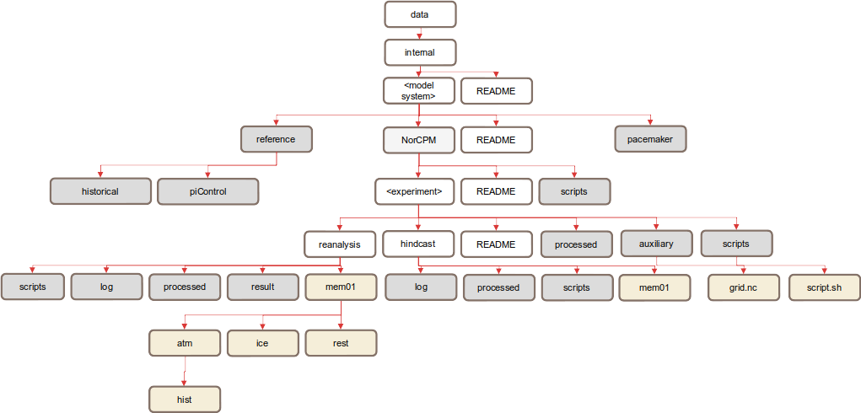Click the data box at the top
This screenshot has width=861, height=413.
point(420,14)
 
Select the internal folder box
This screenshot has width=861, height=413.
point(420,52)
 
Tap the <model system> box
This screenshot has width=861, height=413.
point(420,90)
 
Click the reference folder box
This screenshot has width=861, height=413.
point(276,139)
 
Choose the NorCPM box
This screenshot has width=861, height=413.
point(419,140)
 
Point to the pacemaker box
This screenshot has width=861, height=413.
point(650,139)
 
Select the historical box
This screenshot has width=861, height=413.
point(100,191)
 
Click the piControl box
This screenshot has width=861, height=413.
point(208,191)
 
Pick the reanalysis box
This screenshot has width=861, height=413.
point(340,244)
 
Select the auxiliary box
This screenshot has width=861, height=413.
point(657,244)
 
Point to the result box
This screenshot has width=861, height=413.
point(262,287)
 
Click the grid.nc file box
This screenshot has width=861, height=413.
point(743,287)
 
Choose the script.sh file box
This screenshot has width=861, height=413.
point(825,287)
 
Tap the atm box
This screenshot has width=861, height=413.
point(185,343)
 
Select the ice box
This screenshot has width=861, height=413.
point(262,343)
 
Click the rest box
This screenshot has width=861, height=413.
point(340,343)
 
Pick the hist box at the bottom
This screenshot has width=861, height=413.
point(185,399)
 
